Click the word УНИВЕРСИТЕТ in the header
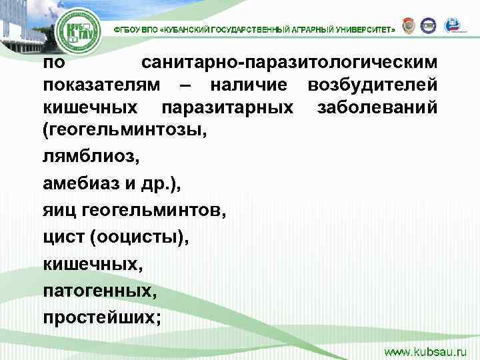[x=365, y=30]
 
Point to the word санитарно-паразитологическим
[x=289, y=64]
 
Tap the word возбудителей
[x=372, y=85]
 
